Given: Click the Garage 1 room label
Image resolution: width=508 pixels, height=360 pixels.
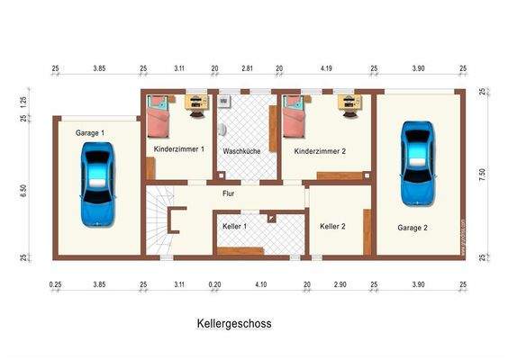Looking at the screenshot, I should [90, 132].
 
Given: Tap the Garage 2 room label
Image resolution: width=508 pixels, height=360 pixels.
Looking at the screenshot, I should [413, 228].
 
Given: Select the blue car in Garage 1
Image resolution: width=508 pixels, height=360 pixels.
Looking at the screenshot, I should [97, 185].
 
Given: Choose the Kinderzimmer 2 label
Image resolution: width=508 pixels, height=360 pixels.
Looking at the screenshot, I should [320, 151].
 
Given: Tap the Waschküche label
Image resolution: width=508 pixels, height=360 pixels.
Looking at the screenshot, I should [241, 151].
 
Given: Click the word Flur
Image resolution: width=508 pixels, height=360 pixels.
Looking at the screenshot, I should [229, 193].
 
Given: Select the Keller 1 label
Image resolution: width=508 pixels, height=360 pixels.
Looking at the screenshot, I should [234, 226].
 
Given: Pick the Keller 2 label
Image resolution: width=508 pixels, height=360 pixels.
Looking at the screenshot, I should [332, 226].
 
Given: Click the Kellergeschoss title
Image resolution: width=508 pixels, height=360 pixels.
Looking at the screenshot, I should [234, 322].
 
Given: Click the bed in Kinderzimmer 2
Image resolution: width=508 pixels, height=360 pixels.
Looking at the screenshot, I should [295, 117].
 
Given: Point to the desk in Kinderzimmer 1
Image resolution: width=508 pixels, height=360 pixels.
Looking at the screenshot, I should [195, 103].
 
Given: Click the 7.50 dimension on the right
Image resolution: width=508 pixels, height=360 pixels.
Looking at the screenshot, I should [483, 174].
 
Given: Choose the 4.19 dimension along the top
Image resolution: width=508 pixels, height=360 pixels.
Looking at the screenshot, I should [325, 68].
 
